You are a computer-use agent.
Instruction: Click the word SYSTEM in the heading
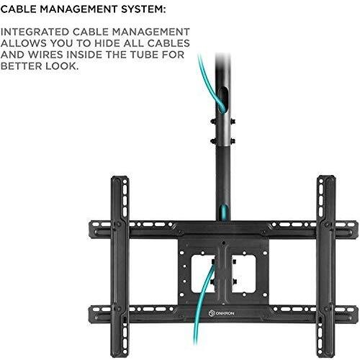(x=143, y=9)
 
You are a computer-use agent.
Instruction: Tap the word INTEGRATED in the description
(x=35, y=32)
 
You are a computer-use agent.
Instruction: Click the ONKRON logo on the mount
(x=221, y=313)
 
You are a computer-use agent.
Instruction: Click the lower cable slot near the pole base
(x=224, y=212)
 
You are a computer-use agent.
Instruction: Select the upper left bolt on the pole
(x=213, y=122)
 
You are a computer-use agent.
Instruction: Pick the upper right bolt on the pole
(x=233, y=122)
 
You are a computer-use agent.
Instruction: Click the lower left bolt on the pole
(x=213, y=141)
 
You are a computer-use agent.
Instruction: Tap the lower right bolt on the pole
(x=233, y=141)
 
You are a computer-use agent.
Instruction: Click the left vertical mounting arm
(x=120, y=266)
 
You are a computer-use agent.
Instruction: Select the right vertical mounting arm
(x=326, y=266)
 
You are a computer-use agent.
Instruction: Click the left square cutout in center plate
(x=202, y=274)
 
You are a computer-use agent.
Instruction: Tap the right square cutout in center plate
(x=243, y=274)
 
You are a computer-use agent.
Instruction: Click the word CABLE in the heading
(x=18, y=9)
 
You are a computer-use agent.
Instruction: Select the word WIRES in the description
(x=45, y=55)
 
